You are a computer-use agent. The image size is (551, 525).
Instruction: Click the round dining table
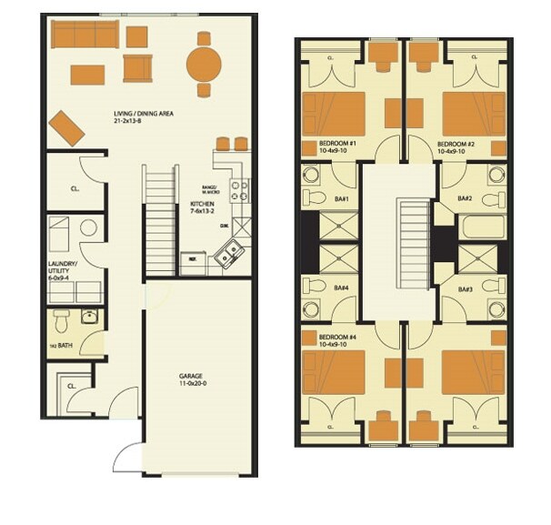(204, 64)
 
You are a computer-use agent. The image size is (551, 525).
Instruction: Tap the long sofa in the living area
(85, 35)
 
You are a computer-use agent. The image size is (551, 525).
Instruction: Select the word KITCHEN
(202, 204)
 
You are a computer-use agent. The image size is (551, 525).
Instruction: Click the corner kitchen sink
(228, 252)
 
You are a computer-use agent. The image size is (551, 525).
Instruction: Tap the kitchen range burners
(240, 189)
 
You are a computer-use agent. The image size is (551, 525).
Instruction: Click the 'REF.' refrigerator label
(193, 258)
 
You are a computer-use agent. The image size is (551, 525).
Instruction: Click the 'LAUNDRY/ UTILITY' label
(63, 268)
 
